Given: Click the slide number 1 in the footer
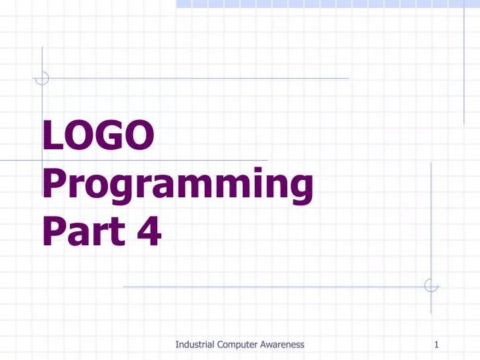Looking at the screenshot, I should click(436, 344).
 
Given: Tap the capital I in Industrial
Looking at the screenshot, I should click(177, 344).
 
